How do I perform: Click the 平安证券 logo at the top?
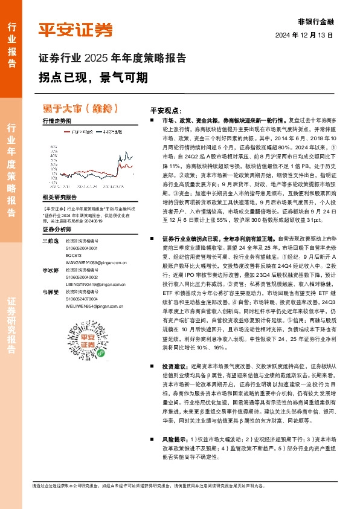click(76, 31)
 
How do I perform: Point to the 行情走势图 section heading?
click(56, 122)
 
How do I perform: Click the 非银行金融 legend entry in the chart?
click(111, 131)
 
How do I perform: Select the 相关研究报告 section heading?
click(60, 198)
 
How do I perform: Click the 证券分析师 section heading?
click(56, 230)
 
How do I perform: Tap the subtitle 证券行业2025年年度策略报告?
click(112, 59)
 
